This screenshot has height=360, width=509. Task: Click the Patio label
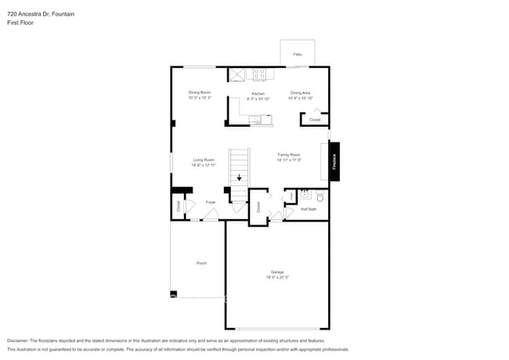coord(298,55)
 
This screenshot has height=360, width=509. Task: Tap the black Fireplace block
coord(334,161)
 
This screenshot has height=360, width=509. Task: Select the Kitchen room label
coord(258,93)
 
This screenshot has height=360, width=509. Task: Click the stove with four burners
coord(259,74)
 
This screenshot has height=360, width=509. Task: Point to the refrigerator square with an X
coord(237,74)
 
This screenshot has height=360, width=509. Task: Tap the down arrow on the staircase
coord(240,178)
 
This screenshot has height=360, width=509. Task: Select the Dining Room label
coord(199,92)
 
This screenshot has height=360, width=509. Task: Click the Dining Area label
coord(300,93)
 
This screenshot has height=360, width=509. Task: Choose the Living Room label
coord(204,160)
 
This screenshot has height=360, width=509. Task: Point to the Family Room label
coord(289,155)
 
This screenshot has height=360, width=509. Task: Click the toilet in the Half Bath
coord(319,196)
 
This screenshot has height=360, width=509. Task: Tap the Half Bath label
coord(308,209)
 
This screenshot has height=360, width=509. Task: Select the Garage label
coord(277,272)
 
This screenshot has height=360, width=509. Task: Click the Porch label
coord(201,263)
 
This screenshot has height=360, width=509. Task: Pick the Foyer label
coord(211,203)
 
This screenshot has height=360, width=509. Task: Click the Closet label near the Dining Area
coord(314,120)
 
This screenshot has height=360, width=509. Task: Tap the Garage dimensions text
coord(277,278)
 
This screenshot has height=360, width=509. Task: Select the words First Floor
coord(20,23)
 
